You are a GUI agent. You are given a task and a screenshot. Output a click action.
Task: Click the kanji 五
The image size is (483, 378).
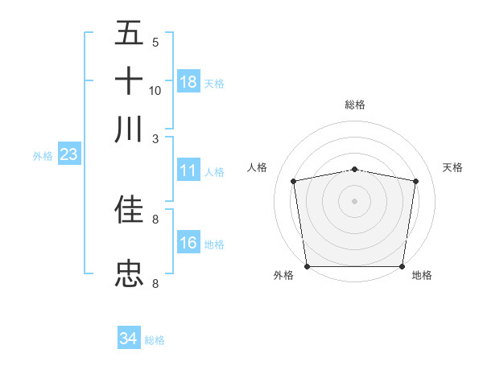point(129,34)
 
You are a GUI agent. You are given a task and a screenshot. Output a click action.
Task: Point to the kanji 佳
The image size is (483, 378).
point(129,209)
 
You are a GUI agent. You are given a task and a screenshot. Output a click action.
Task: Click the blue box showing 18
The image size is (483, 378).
point(188,82)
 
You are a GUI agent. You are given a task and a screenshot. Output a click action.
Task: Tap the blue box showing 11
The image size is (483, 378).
point(188,171)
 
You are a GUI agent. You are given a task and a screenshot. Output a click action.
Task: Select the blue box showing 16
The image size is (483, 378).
point(188,243)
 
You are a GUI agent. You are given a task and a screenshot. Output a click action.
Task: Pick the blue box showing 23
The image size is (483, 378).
point(68,155)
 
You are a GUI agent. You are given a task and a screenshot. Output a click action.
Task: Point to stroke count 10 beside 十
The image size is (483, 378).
point(155,90)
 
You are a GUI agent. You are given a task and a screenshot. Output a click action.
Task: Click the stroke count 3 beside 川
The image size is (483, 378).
point(156,138)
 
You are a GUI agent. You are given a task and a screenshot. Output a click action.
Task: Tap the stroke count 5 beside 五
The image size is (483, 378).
point(155,43)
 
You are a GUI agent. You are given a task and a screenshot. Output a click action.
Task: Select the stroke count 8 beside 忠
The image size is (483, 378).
point(155,283)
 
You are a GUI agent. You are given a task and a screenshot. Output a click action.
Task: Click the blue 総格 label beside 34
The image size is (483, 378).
point(155,340)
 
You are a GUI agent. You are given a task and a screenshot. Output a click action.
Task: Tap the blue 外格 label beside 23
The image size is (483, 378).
point(42,156)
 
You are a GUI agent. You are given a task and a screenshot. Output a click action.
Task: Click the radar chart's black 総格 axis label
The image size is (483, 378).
point(355,105)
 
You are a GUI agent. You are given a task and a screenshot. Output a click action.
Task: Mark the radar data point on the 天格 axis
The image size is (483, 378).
point(415,181)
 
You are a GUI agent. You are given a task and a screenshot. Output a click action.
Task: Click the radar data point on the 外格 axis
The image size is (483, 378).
point(307,266)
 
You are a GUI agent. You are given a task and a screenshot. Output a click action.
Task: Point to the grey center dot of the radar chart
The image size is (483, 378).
point(354,200)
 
